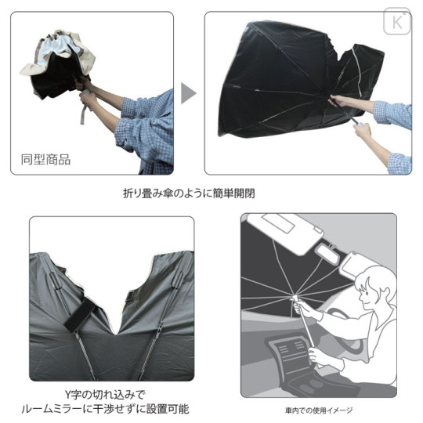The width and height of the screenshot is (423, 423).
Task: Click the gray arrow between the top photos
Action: pyautogui.click(x=188, y=92)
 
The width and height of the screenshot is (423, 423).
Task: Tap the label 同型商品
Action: pyautogui.click(x=45, y=160)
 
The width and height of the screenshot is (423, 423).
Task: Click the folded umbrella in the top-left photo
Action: pyautogui.click(x=59, y=63)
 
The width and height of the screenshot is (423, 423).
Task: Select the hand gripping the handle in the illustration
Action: pyautogui.click(x=316, y=355)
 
